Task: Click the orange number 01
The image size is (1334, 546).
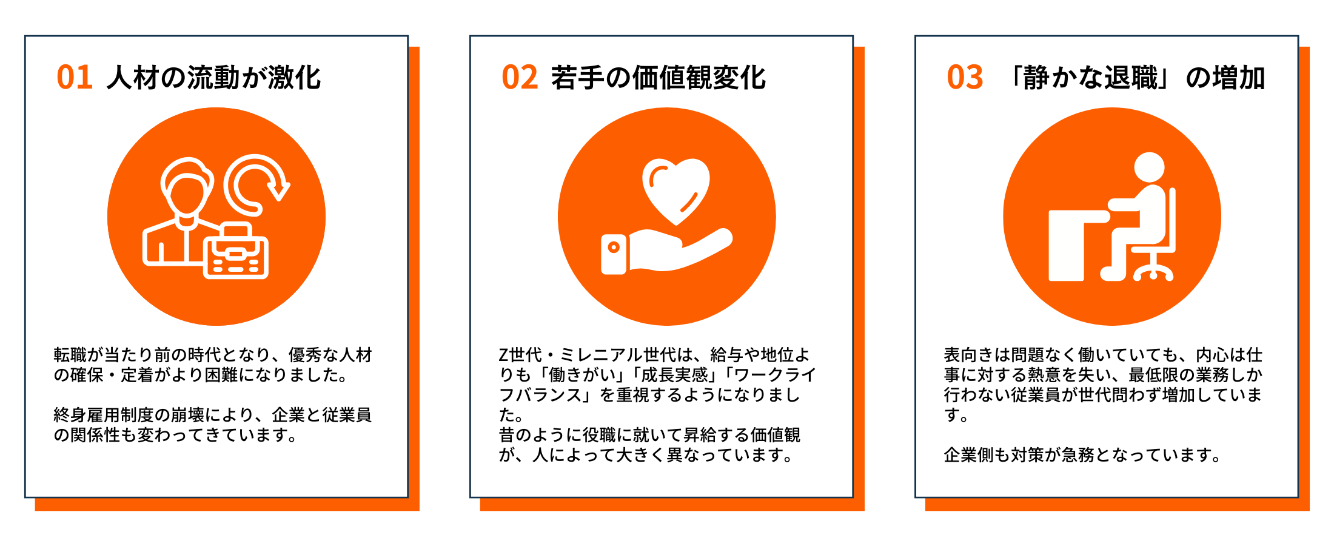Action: (x=75, y=78)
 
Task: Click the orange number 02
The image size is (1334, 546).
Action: (x=520, y=78)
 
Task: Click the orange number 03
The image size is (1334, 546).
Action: (x=965, y=78)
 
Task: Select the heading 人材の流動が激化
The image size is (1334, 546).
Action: (x=213, y=78)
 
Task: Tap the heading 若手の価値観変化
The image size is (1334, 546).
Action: (x=659, y=78)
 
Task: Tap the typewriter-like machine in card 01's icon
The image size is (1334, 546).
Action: (x=236, y=251)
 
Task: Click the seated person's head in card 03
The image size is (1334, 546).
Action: (x=1149, y=167)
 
